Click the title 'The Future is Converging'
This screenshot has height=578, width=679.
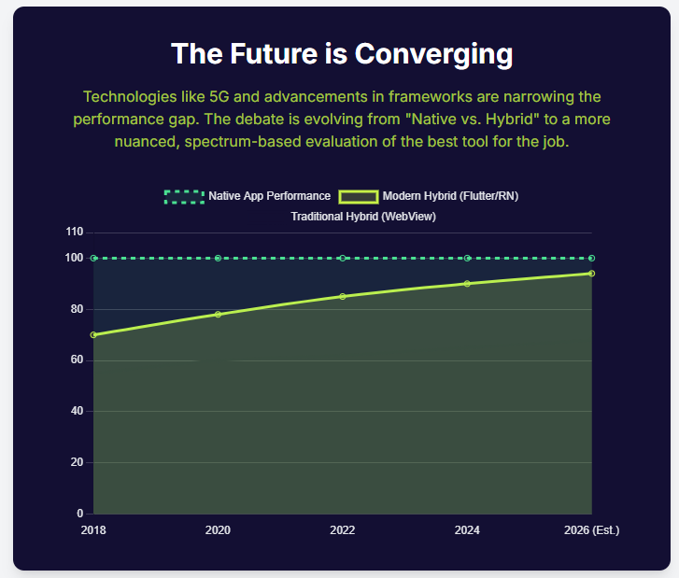[341, 54]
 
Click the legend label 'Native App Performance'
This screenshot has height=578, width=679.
[270, 196]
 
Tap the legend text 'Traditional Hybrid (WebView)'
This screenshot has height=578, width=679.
[363, 216]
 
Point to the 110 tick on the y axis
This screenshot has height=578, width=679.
[75, 232]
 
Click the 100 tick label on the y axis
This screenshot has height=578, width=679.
[75, 258]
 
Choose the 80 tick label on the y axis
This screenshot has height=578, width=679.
[77, 309]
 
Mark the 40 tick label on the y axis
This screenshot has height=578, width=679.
[77, 411]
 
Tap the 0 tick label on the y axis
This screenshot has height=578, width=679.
[79, 514]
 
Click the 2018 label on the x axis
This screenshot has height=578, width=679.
[93, 530]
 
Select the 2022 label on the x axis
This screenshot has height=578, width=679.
[343, 530]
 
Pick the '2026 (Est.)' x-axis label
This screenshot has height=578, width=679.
[592, 530]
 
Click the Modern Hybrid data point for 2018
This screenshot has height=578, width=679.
[93, 334]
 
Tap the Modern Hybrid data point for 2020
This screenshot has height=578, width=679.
[218, 314]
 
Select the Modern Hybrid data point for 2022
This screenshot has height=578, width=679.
[343, 296]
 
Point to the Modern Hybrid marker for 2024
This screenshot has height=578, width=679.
[467, 283]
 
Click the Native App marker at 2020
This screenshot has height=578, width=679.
[218, 258]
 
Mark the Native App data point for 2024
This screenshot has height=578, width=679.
[467, 258]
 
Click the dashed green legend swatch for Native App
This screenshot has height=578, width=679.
[184, 196]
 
